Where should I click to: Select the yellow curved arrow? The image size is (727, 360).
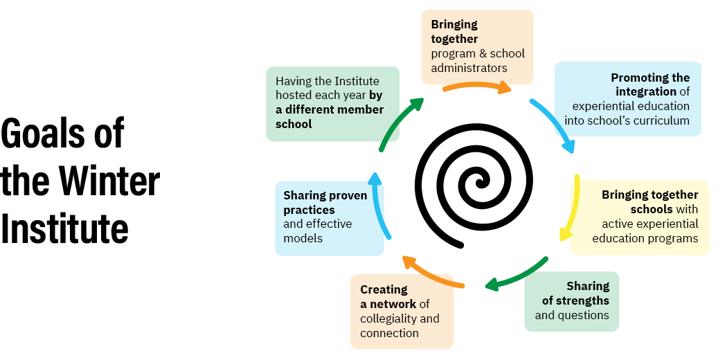tap(572, 208)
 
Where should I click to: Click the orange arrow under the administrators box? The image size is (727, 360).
tap(477, 87)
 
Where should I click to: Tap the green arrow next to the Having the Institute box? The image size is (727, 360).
tap(398, 123)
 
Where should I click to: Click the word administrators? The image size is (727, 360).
tap(469, 68)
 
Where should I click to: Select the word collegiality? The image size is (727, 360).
tap(389, 318)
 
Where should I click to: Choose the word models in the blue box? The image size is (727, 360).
tap(303, 238)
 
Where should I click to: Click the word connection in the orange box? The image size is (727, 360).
tap(389, 333)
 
